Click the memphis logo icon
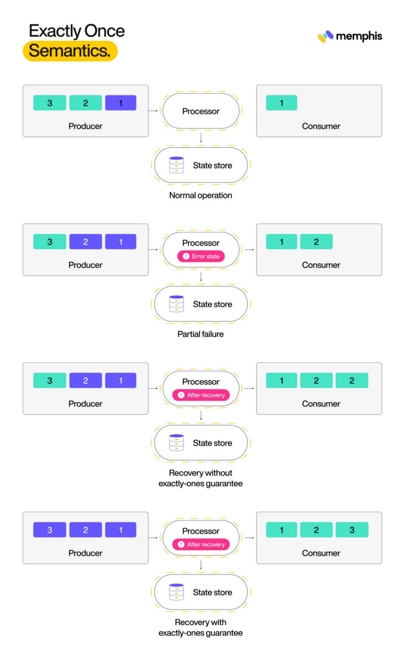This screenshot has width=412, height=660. pos(325,37)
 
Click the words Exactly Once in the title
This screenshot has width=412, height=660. pos(77,31)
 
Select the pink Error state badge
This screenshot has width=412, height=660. pos(201,256)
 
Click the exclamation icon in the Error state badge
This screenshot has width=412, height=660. pos(186,256)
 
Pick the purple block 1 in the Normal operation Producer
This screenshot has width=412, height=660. pos(121,103)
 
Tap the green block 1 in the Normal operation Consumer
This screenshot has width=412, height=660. pos(281,103)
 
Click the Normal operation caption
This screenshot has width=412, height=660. pos(200,195)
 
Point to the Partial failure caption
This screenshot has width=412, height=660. pos(200,334)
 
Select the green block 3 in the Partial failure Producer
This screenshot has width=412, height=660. pos(49,242)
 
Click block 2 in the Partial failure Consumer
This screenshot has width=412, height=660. pos(316,242)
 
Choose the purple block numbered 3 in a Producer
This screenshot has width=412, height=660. pos(49,530)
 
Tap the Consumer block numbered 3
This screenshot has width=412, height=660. pos(352,530)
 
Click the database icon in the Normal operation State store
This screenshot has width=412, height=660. pos(177,165)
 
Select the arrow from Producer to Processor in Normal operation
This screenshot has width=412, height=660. pos(153,111)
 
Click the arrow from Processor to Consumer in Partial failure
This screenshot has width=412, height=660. pos(249,249)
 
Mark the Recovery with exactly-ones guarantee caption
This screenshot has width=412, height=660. pos(200,628)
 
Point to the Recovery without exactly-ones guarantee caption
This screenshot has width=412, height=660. pos(200,478)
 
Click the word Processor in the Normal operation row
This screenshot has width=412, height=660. pos(201,111)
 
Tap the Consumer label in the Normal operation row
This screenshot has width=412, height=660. pos(321,126)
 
